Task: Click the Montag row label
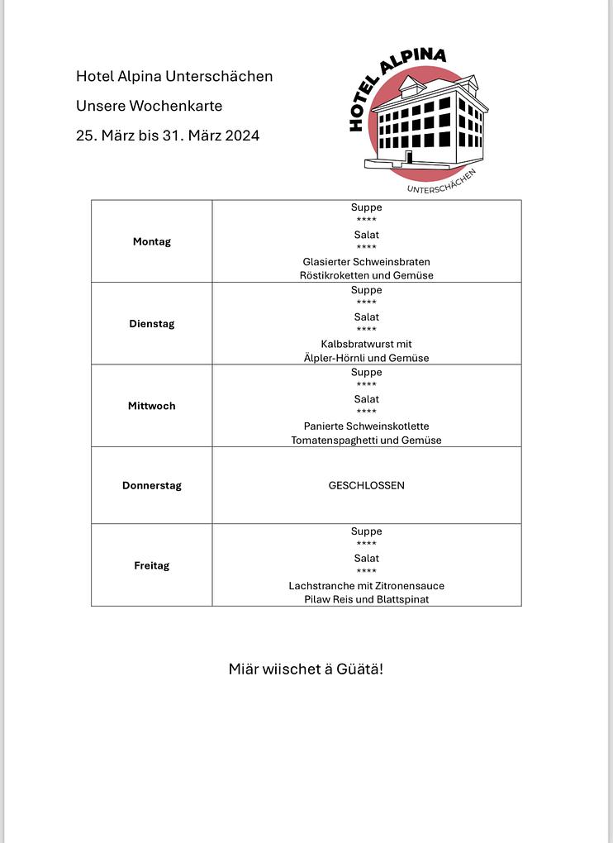[152, 242]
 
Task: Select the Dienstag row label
[152, 324]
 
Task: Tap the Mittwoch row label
[152, 406]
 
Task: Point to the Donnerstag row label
[152, 486]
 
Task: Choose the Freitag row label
[152, 566]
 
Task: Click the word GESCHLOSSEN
[367, 486]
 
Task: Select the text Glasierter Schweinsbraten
[367, 262]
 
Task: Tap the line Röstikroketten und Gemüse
[367, 275]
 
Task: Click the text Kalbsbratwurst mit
[367, 344]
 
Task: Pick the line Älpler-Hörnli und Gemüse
[367, 358]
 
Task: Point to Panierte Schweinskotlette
[367, 426]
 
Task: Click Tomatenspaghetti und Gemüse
[367, 441]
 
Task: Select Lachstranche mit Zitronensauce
[367, 586]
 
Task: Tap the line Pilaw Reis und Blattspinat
[367, 599]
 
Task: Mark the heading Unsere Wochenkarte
[150, 106]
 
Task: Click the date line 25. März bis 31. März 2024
[168, 136]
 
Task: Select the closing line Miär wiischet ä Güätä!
[306, 669]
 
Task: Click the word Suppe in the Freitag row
[367, 531]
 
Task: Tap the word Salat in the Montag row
[367, 235]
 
